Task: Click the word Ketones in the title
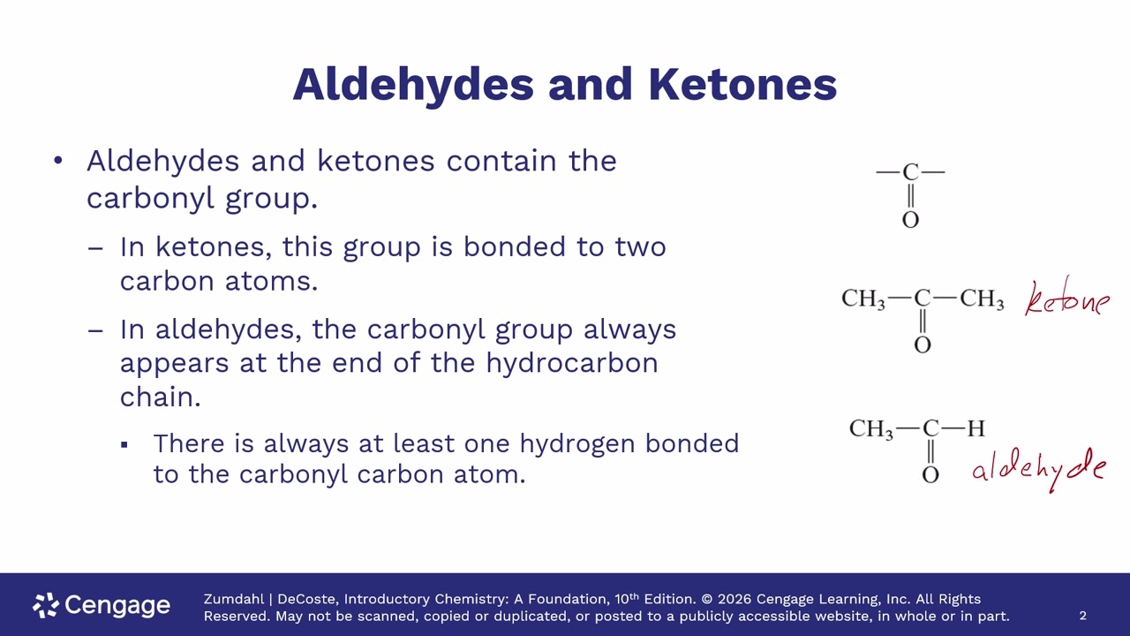pos(742,84)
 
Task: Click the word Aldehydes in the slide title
pos(413,86)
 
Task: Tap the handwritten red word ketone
pos(1067,298)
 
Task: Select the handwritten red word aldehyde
pos(1039,469)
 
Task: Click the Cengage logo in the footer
pos(102,605)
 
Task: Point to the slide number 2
pos(1082,616)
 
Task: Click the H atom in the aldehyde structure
pos(976,428)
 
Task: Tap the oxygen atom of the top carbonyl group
pos(910,220)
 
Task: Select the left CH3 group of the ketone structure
pos(863,299)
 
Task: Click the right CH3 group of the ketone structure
pos(982,299)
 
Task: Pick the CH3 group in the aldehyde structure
pos(871,429)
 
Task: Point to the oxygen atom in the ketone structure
pos(923,344)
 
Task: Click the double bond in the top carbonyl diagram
pos(910,196)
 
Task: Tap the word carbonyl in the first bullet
pos(150,198)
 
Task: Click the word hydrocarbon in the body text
pos(572,363)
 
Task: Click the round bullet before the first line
pos(58,161)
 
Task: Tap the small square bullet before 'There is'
pos(124,444)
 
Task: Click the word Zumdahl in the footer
pos(234,599)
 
